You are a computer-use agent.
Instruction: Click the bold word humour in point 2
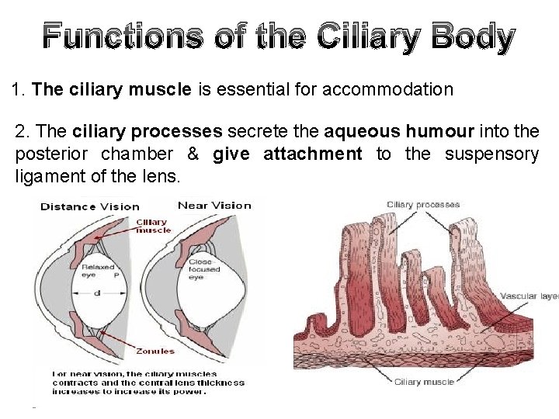(x=435, y=132)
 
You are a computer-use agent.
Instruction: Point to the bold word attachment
(x=313, y=154)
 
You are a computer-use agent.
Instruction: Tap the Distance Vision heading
(x=89, y=206)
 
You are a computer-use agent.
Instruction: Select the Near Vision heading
(x=214, y=206)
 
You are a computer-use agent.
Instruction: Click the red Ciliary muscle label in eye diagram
(x=153, y=226)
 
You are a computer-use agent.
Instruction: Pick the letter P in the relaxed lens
(x=116, y=276)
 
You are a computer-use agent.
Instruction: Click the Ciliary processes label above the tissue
(x=423, y=205)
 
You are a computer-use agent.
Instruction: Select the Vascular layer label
(x=529, y=296)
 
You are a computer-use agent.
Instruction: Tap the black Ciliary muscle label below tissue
(x=423, y=381)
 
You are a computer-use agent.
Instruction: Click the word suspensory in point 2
(x=491, y=154)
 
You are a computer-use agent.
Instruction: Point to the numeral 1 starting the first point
(x=17, y=90)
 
